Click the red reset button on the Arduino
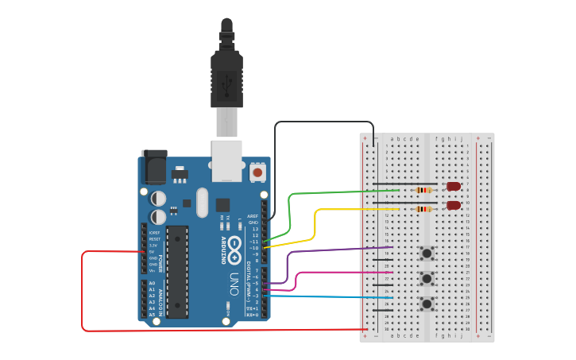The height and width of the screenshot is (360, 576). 257,172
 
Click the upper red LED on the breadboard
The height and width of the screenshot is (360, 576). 454,186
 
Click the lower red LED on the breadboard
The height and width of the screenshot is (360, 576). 454,205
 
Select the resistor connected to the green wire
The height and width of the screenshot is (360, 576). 424,190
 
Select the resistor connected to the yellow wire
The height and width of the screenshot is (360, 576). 424,209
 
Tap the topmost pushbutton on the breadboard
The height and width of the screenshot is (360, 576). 427,254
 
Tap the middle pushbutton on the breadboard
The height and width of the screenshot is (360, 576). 427,278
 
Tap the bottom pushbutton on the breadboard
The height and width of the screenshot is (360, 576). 427,304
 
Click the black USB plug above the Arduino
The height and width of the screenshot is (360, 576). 226,75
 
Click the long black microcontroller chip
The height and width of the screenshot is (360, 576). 177,271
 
